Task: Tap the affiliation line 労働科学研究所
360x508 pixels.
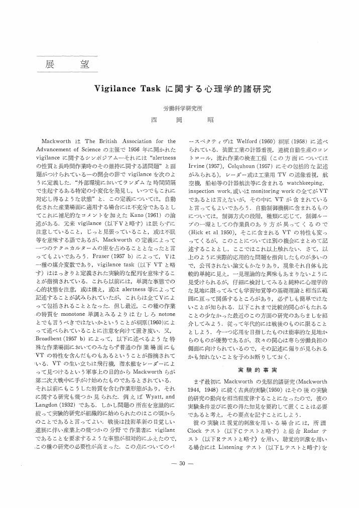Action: [x=183, y=108]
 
